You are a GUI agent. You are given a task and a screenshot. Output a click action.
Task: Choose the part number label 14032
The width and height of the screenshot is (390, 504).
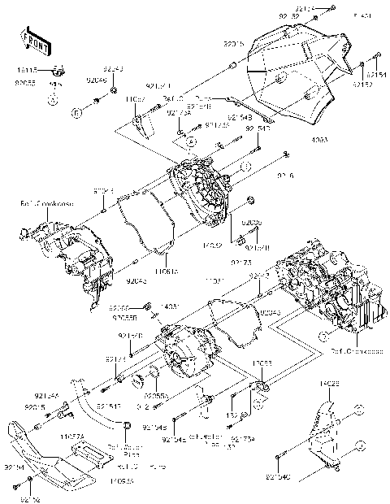tap(212, 245)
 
